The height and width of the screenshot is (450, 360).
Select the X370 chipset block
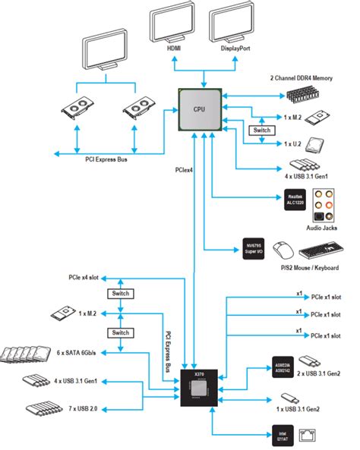[198, 387]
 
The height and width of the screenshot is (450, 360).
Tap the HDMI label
[175, 48]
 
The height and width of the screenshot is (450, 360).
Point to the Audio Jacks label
[321, 227]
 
